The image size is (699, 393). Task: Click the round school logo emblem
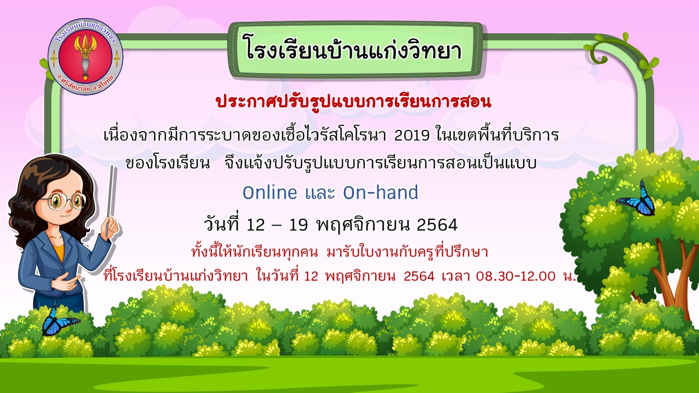coord(85,56)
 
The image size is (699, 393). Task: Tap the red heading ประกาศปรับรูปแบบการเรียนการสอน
coord(353,102)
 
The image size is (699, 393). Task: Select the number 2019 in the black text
coord(412,135)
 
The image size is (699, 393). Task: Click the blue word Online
coord(270,193)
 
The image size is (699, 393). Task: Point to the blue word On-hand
coord(381,193)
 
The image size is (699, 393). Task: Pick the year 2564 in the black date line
coord(437,224)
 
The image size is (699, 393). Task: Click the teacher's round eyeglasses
coord(66,201)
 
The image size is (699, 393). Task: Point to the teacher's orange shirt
coord(58,252)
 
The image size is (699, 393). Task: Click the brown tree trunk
coord(671,281)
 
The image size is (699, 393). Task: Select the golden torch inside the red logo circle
coord(85,56)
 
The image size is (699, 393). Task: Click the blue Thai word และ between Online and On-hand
coord(320,193)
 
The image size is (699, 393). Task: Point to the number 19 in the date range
coord(299,224)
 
